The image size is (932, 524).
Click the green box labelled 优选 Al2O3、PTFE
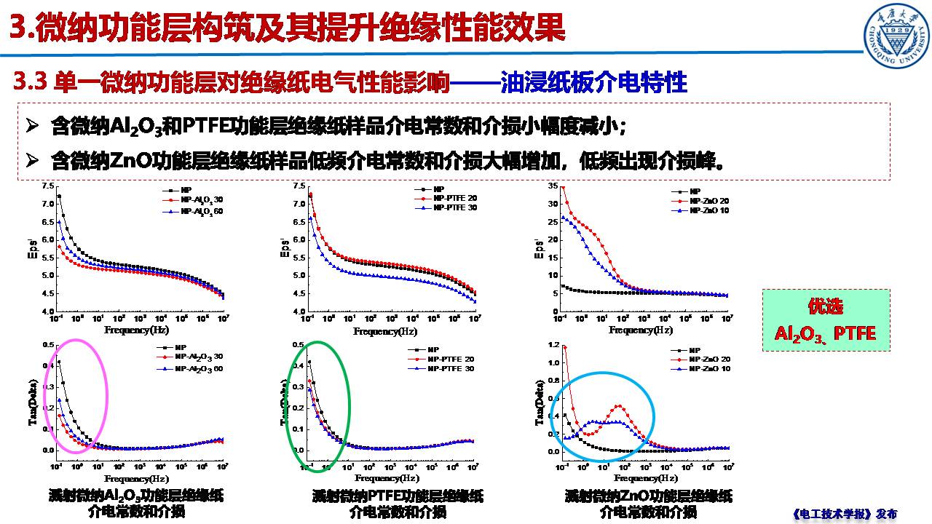(825, 320)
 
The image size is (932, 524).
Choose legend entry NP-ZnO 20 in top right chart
(713, 201)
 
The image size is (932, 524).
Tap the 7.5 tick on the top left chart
(47, 186)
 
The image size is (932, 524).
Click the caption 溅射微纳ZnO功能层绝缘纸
(648, 496)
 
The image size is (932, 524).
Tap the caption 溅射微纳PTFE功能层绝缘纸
(398, 496)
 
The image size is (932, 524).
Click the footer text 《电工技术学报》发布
(843, 514)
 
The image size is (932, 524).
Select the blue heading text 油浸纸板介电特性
(594, 83)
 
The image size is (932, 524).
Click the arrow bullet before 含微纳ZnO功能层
(31, 158)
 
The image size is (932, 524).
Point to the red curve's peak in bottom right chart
(618, 406)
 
